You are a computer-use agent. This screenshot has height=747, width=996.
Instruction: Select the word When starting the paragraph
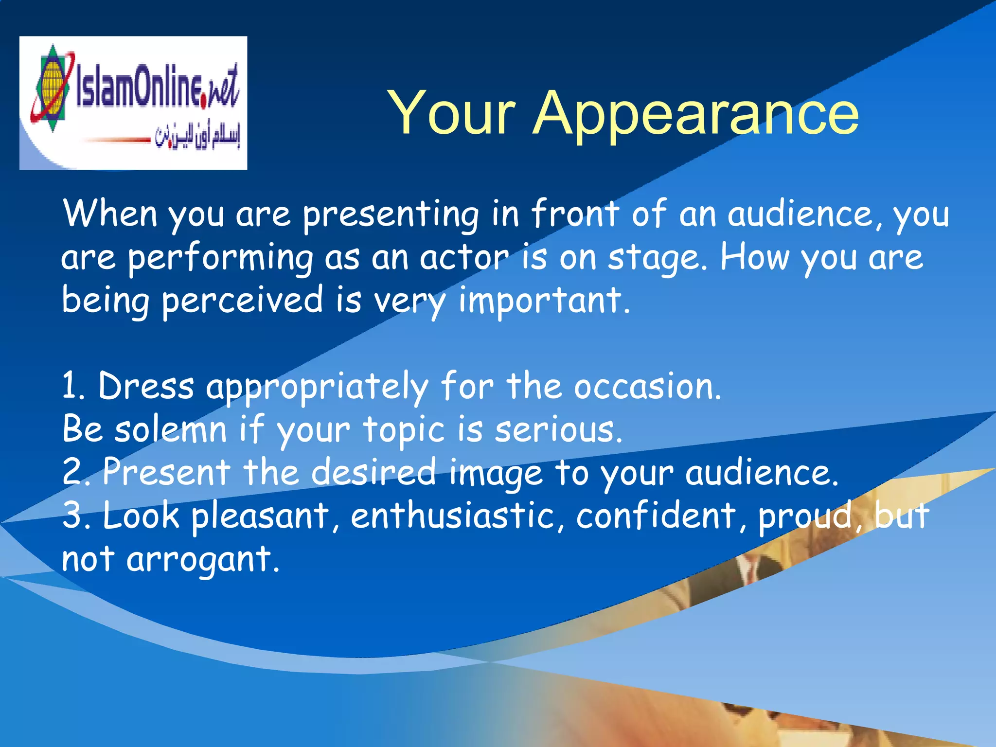coord(110,214)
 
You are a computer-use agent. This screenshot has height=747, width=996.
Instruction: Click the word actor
coord(464,258)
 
